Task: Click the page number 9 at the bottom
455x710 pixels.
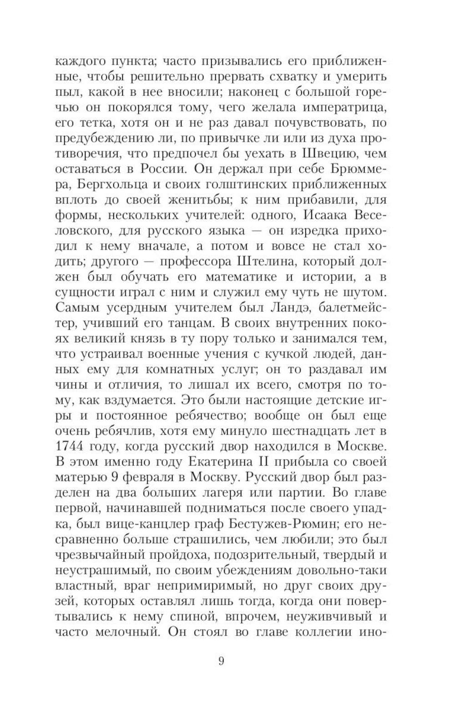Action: click(x=221, y=660)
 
